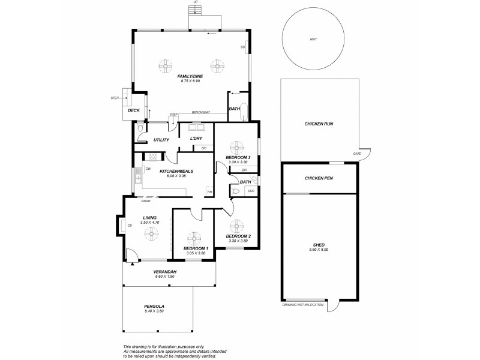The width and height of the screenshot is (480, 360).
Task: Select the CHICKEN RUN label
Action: tap(319, 124)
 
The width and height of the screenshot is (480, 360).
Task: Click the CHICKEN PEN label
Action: tap(319, 178)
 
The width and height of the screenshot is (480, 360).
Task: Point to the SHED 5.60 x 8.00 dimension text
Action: tap(319, 250)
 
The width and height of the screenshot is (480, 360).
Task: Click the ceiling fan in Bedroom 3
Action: tap(238, 146)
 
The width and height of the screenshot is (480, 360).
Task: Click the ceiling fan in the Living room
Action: tap(148, 235)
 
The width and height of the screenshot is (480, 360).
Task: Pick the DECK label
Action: tap(134, 110)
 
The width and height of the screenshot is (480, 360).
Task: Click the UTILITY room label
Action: tap(161, 140)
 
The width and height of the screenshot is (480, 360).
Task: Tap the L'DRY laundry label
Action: tap(196, 139)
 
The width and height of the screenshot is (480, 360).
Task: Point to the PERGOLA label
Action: tap(154, 307)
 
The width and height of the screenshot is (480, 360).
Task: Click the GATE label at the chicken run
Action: tap(358, 154)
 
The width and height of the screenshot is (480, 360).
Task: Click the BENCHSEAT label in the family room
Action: tap(200, 112)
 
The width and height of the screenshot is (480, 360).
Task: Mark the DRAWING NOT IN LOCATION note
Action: tap(303, 305)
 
